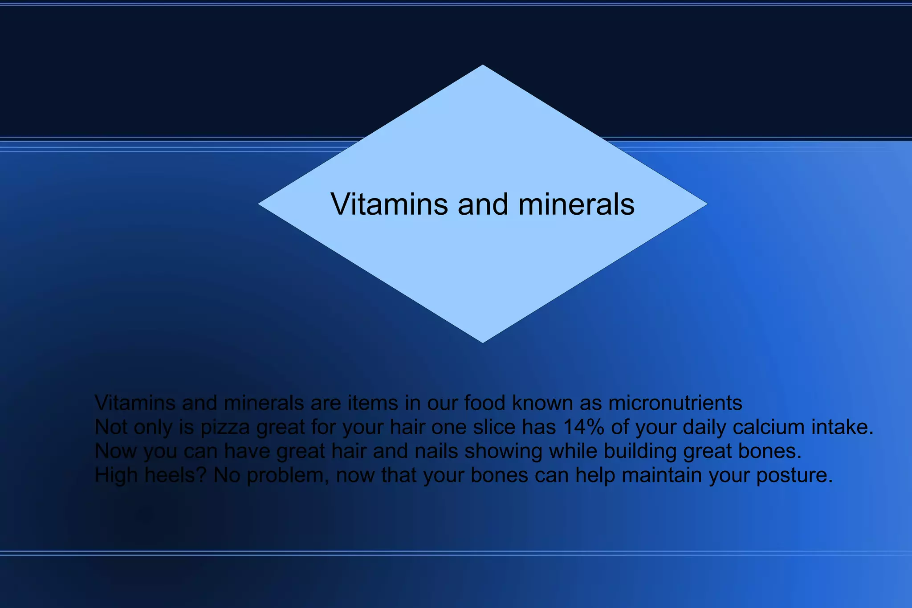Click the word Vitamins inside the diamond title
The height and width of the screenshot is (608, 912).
click(x=389, y=204)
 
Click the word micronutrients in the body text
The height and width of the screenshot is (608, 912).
click(x=675, y=403)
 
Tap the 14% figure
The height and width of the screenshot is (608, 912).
click(x=584, y=427)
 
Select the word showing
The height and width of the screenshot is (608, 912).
click(x=503, y=451)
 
